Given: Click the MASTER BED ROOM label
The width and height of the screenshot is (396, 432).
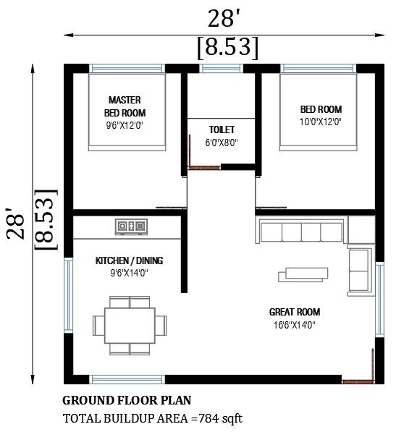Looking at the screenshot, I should [125, 106].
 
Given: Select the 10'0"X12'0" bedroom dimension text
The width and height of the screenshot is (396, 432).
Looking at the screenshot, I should [320, 122].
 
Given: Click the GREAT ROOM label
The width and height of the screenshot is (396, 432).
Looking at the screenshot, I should [294, 312].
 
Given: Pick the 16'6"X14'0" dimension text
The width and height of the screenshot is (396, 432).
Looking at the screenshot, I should [294, 325].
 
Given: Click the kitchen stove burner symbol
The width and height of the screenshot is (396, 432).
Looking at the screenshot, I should [130, 226].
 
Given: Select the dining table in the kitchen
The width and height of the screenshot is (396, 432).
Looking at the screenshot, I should [130, 325].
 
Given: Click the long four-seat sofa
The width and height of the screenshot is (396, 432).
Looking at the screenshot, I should [301, 233].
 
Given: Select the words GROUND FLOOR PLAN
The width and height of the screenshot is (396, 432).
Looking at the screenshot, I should [127, 399].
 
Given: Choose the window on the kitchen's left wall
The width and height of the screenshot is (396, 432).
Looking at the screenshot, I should [69, 296].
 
